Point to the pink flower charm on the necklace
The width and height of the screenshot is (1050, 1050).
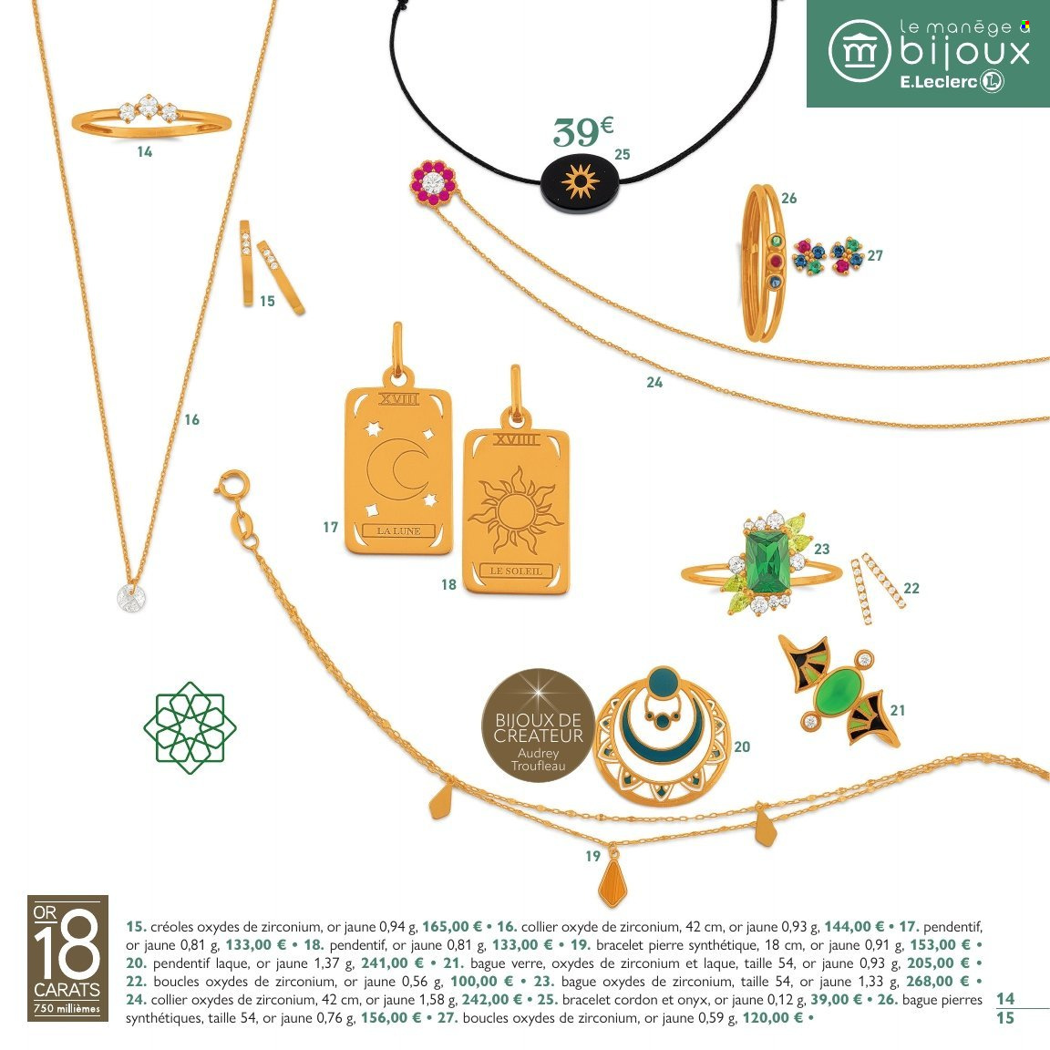[432, 181]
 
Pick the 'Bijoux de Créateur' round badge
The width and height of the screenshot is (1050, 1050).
[538, 726]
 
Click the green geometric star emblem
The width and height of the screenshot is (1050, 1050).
[190, 727]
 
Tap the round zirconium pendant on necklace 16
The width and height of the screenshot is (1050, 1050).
[132, 598]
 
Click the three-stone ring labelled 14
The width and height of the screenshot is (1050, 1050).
[150, 117]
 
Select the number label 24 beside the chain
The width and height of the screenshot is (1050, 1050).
[654, 383]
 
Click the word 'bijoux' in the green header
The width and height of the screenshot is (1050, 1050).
[965, 52]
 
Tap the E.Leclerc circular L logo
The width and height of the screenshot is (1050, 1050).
[992, 82]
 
